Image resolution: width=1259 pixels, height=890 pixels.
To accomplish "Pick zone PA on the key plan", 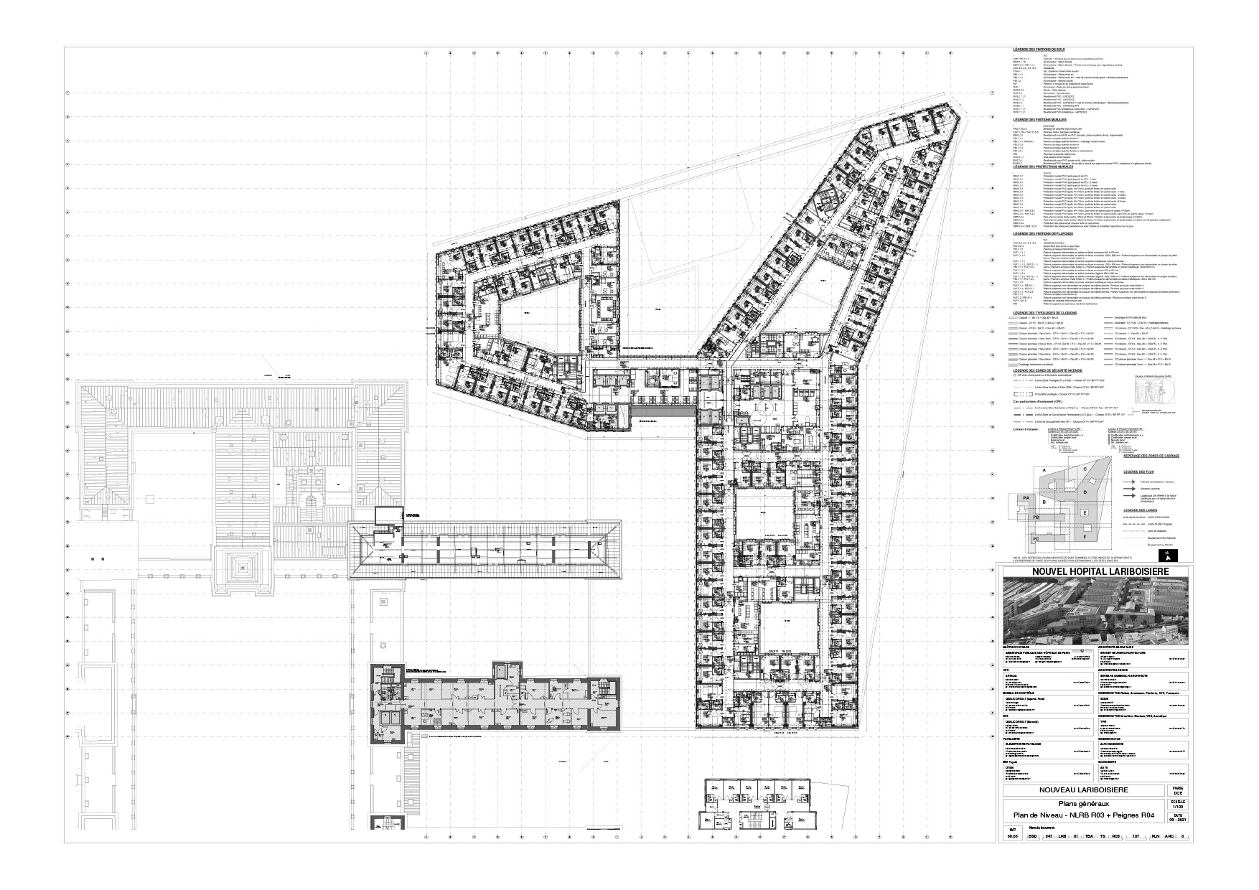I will point(1027,497).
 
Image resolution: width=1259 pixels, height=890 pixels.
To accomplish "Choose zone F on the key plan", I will point(1085,535).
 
